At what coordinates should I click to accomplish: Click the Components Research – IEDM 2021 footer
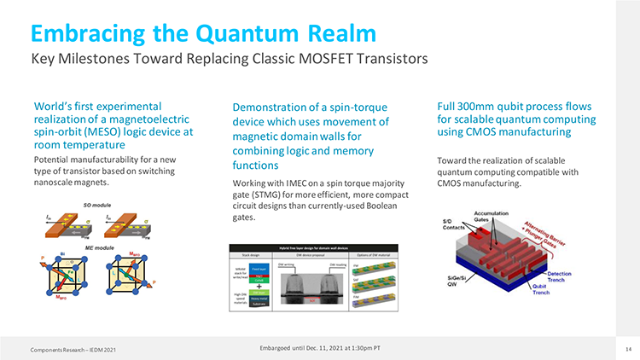[x=67, y=349]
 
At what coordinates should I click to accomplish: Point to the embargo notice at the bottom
[x=319, y=346]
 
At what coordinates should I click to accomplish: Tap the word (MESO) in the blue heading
[x=100, y=132]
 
